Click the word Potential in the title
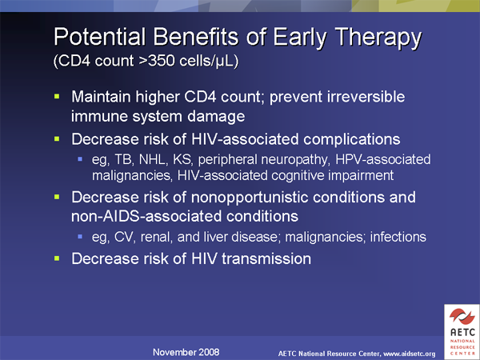point(100,37)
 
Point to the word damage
point(216,117)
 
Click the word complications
point(352,139)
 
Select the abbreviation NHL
point(153,159)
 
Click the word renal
point(155,237)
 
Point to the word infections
point(398,237)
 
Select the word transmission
point(266,258)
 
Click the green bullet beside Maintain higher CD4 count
point(57,97)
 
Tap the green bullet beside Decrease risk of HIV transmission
point(57,258)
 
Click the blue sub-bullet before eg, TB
point(80,159)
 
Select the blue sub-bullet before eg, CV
point(80,237)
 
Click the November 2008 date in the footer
point(186,352)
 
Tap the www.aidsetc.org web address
point(410,354)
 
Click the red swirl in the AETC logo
point(462,316)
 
